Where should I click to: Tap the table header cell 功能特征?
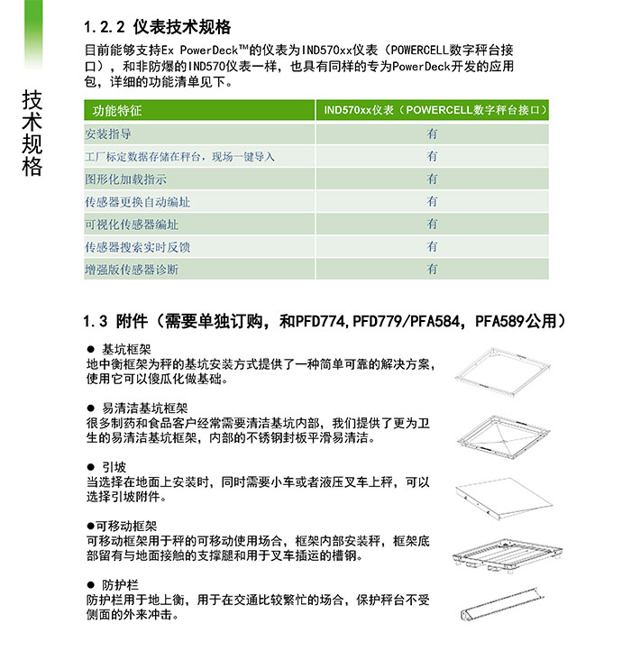pyautogui.click(x=118, y=111)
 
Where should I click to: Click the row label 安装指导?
pyautogui.click(x=107, y=133)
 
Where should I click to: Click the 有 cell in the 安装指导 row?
pyautogui.click(x=433, y=133)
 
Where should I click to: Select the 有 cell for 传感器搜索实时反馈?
pyautogui.click(x=433, y=246)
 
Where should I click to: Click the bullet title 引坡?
pyautogui.click(x=114, y=467)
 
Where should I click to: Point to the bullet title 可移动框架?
pyautogui.click(x=126, y=526)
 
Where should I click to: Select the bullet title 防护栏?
pyautogui.click(x=119, y=584)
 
